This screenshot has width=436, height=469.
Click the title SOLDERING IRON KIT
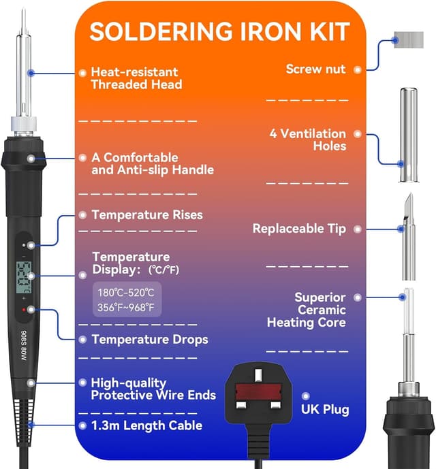click(219, 32)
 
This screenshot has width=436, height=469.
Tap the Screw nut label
click(315, 69)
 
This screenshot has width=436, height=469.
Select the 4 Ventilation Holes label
click(307, 140)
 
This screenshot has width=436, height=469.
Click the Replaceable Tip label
click(298, 229)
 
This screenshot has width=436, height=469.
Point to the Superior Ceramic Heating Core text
click(307, 310)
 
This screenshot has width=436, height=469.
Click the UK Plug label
click(325, 409)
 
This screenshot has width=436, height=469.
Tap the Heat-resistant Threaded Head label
click(136, 78)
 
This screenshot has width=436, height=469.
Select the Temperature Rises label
click(146, 214)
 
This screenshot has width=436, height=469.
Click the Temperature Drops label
click(149, 339)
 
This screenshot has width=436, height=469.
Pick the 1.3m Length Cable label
click(146, 425)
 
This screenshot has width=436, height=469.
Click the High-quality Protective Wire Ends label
click(153, 389)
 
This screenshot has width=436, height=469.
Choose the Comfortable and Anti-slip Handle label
click(152, 163)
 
